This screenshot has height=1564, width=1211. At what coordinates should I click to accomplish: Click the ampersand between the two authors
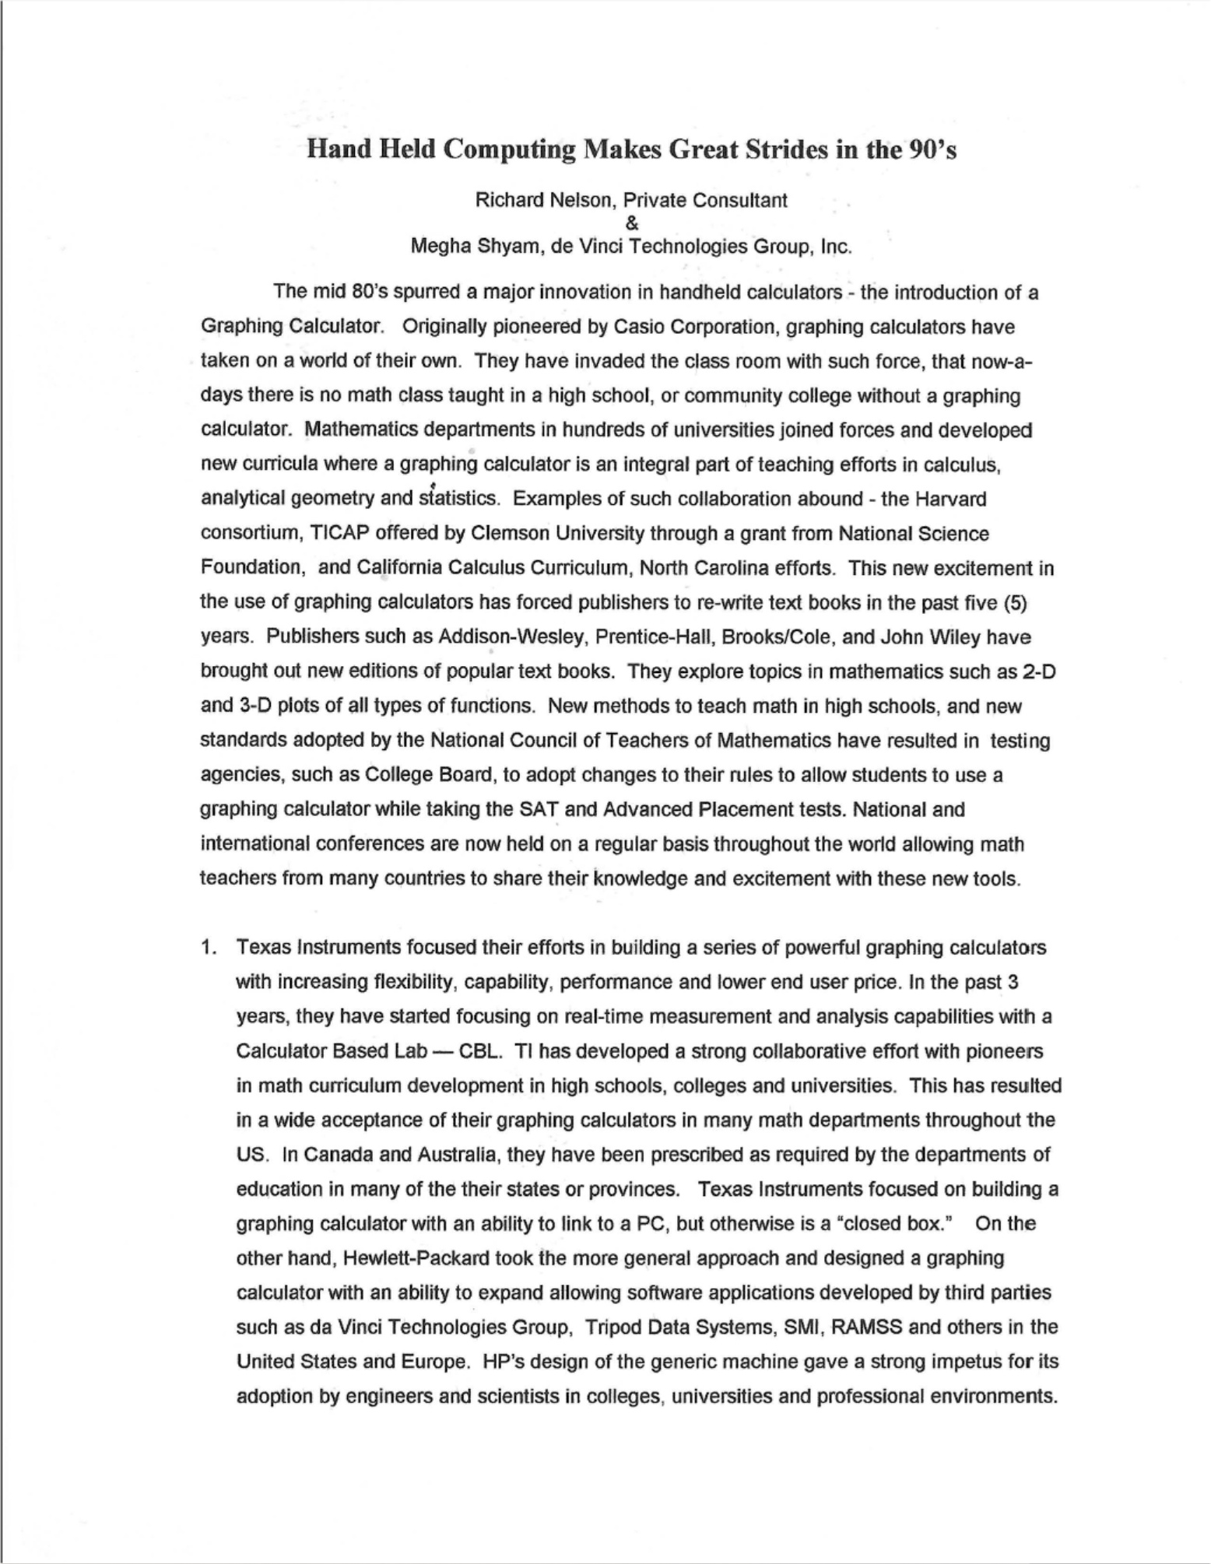(x=631, y=223)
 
